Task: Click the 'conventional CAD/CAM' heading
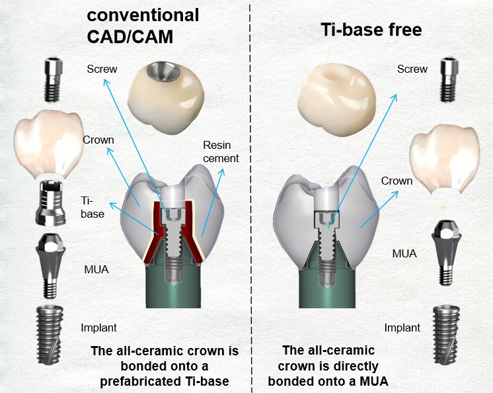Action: (x=143, y=26)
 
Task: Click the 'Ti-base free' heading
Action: (x=371, y=30)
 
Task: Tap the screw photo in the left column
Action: (x=53, y=79)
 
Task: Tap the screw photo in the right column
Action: (x=449, y=79)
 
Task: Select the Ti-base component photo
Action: (x=51, y=203)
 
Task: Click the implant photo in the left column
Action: (x=50, y=335)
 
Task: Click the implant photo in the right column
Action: (x=446, y=335)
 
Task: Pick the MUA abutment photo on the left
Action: (x=51, y=266)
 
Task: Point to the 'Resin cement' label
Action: (x=221, y=152)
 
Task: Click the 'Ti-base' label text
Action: (x=92, y=207)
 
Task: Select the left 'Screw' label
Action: (x=102, y=69)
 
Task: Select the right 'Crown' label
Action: (x=397, y=181)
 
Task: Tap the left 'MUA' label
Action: (x=96, y=270)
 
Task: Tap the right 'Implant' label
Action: (x=402, y=328)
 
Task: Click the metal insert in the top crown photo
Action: (x=163, y=71)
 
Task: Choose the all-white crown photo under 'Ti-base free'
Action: (x=336, y=99)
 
